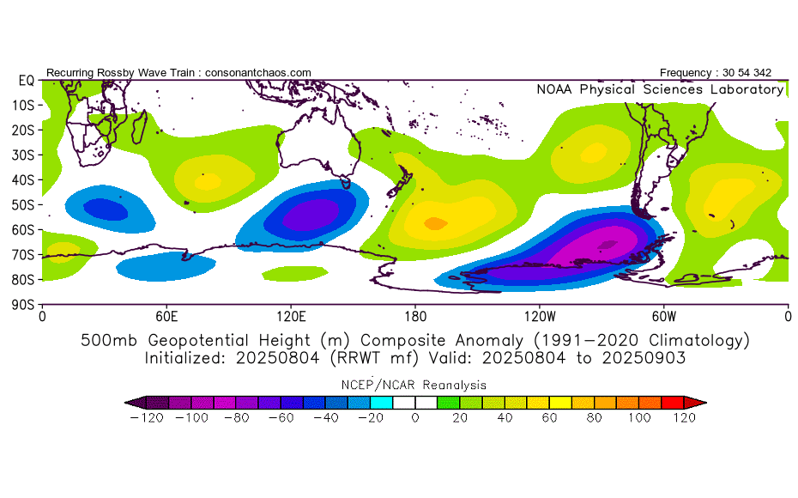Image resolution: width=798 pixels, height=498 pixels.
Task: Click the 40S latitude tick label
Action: click(23, 180)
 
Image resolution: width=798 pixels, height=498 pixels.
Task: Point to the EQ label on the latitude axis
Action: click(27, 81)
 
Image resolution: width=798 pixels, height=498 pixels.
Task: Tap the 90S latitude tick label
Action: click(23, 305)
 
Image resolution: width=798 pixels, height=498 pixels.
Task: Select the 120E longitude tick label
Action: click(291, 317)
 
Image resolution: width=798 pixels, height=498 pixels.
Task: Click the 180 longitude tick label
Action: click(415, 317)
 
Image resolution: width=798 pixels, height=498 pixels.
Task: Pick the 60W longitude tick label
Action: click(664, 317)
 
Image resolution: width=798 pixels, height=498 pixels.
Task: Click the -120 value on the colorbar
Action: click(147, 418)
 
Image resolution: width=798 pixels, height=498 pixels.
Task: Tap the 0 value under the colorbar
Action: click(415, 418)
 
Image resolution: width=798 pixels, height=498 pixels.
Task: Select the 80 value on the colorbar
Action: click(594, 418)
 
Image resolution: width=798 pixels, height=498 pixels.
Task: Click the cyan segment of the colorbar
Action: click(381, 403)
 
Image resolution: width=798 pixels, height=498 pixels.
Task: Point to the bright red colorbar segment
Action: click(673, 403)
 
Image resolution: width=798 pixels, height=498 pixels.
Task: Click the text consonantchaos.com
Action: click(258, 73)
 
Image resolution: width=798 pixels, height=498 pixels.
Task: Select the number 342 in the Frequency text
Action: click(762, 73)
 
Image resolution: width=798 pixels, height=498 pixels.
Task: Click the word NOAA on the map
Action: click(554, 89)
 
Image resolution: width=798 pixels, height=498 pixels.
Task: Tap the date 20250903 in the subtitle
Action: click(644, 358)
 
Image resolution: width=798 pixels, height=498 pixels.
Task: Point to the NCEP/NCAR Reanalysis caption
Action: click(414, 385)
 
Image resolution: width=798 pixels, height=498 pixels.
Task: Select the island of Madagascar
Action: click(140, 127)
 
